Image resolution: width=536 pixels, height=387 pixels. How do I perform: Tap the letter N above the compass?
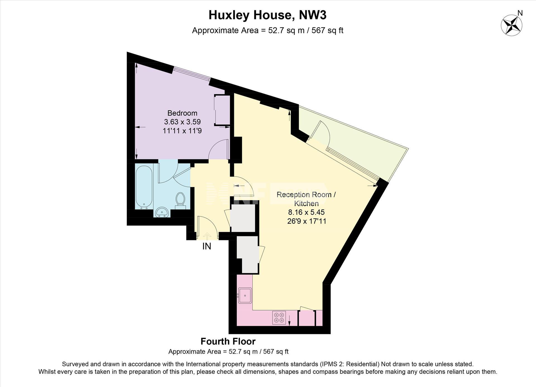[x=520, y=13]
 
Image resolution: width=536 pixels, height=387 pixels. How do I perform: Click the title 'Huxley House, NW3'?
[x=267, y=15]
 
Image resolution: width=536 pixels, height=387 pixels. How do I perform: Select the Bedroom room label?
[x=182, y=113]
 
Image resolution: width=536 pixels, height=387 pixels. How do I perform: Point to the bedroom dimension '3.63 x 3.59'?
[x=182, y=122]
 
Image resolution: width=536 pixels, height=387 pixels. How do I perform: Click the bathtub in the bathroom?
[x=144, y=186]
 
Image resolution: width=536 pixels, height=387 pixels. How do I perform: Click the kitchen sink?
[x=245, y=295]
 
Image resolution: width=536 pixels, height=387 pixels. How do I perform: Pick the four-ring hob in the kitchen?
[x=279, y=318]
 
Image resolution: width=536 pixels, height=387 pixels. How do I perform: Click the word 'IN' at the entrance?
[x=207, y=246]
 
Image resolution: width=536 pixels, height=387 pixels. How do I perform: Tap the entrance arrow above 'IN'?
[x=207, y=236]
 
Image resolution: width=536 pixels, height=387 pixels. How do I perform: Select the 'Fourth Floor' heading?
[x=228, y=341]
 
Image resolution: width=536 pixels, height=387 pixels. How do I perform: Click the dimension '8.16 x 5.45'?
[x=307, y=212]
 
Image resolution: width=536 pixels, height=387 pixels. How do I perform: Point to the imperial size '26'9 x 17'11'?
[x=307, y=221]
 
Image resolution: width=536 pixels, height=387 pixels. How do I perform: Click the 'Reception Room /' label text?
[x=306, y=195]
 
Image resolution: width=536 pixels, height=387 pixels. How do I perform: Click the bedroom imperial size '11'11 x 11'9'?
[x=182, y=131]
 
